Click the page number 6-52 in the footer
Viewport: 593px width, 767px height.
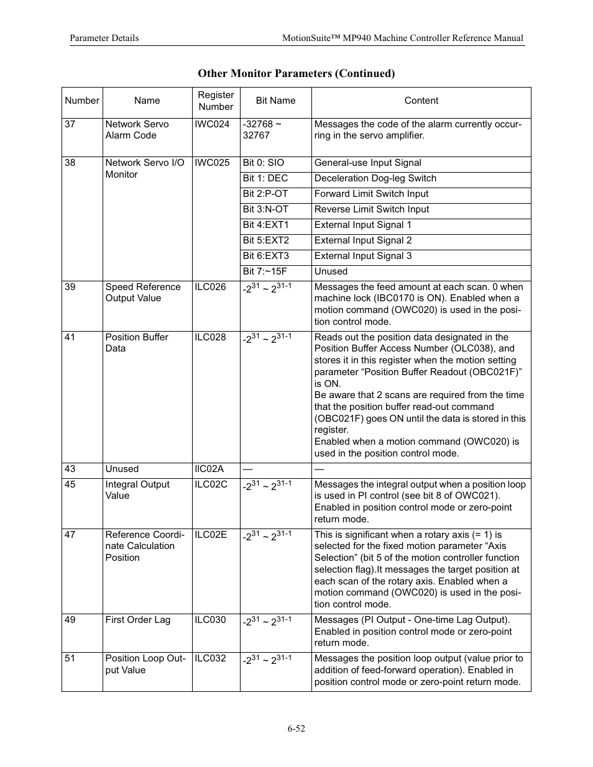pos(296,728)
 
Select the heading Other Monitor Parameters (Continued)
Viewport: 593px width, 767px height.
pos(296,73)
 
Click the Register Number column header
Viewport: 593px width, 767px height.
pos(216,101)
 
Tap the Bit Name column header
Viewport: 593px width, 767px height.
pos(275,101)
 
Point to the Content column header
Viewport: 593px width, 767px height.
pos(421,101)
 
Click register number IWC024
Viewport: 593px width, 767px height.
pos(212,124)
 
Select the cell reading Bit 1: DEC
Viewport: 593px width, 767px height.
pos(265,178)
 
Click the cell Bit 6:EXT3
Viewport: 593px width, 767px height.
pos(265,256)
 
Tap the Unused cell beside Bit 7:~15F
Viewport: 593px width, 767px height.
pos(331,271)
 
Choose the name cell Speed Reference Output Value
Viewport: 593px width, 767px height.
pos(142,293)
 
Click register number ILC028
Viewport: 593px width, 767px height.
pos(211,337)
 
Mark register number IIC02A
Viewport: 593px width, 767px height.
pos(209,469)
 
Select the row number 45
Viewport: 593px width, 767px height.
pos(70,484)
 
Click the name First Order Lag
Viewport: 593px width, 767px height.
pos(137,620)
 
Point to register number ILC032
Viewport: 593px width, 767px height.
pos(211,658)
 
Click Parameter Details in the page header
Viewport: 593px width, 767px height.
pos(104,38)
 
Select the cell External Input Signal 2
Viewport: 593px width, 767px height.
pos(363,240)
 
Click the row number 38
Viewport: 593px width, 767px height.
pos(70,163)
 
